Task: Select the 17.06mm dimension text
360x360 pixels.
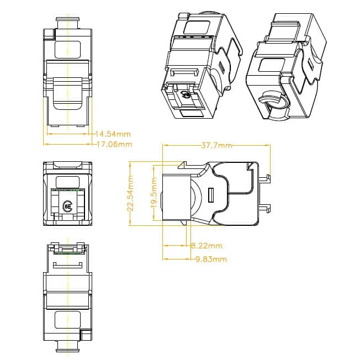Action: [x=114, y=145]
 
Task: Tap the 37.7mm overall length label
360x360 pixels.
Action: [x=216, y=145]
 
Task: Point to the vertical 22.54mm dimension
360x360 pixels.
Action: [x=130, y=193]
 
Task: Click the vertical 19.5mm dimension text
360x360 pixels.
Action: [x=154, y=194]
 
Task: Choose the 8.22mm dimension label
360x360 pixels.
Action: [x=207, y=246]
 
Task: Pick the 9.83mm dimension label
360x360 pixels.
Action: [x=211, y=259]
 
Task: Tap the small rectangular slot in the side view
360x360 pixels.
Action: [x=210, y=194]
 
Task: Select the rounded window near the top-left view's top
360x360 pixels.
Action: [x=67, y=47]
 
